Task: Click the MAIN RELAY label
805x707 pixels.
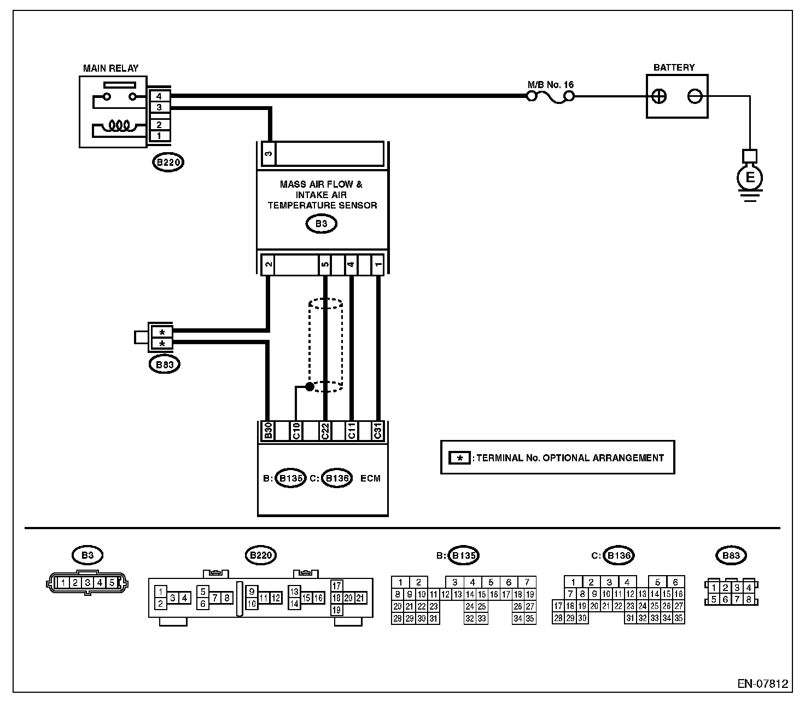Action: point(110,68)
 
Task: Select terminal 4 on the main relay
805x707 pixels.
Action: point(159,96)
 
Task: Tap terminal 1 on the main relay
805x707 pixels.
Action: point(159,136)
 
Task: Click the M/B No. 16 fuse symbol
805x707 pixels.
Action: point(550,97)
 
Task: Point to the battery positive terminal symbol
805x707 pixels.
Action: point(660,97)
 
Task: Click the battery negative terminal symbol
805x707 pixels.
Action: point(695,97)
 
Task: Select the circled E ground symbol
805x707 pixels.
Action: point(750,177)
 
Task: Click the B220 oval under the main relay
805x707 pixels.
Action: point(167,162)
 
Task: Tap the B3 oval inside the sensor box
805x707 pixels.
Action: point(321,224)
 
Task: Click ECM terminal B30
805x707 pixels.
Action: point(268,431)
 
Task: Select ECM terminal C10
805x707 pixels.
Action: point(296,431)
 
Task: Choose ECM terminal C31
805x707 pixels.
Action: point(377,431)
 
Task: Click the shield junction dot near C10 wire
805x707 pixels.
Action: point(309,387)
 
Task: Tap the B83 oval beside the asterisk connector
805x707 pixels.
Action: point(164,364)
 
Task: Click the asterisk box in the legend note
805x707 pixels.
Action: point(459,458)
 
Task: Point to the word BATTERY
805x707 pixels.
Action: point(674,67)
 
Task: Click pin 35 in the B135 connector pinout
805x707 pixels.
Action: point(530,619)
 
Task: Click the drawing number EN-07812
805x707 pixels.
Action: point(762,683)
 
